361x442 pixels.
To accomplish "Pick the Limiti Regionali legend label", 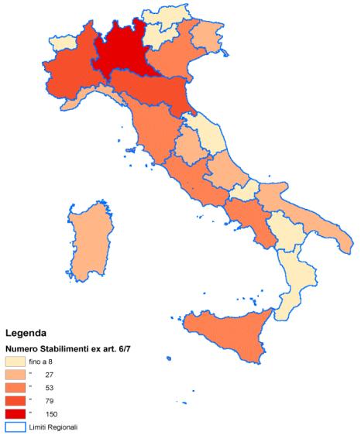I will tap(58, 427).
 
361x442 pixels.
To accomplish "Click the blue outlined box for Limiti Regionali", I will tap(16, 427).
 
